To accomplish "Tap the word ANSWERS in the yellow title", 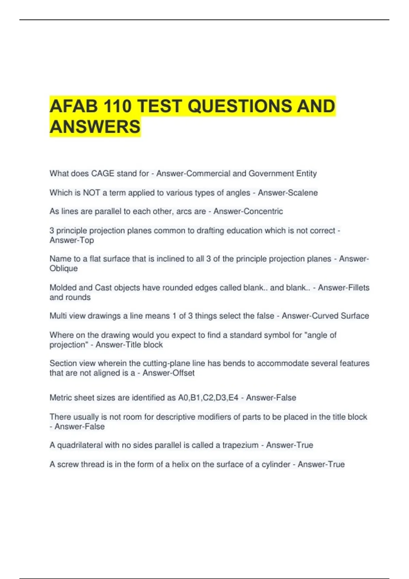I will [x=95, y=127].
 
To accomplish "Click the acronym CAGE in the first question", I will [x=103, y=174].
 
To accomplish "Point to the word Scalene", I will [x=302, y=193].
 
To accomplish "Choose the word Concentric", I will [x=263, y=212].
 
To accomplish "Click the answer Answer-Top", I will [x=72, y=240].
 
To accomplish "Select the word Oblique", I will [x=64, y=269].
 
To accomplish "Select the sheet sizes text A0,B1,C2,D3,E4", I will [x=208, y=398].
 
